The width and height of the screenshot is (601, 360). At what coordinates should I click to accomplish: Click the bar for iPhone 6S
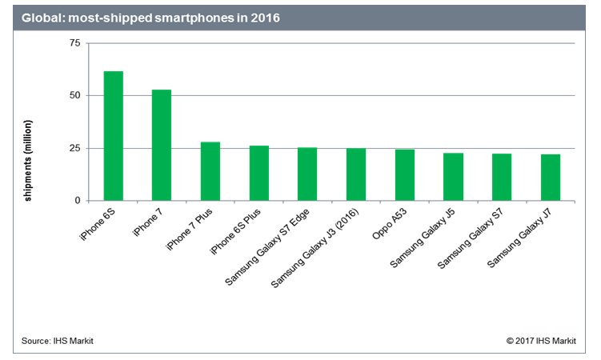(x=113, y=136)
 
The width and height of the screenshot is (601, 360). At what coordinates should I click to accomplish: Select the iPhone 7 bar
(x=162, y=145)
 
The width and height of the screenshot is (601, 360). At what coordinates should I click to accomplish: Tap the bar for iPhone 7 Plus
(x=210, y=171)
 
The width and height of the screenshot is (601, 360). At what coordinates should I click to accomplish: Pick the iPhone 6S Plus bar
(x=258, y=173)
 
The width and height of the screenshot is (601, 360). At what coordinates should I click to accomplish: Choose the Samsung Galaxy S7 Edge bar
(x=307, y=174)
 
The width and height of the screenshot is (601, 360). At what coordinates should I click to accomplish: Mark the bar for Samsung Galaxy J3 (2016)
(x=356, y=174)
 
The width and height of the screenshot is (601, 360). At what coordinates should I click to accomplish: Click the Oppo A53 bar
(x=404, y=174)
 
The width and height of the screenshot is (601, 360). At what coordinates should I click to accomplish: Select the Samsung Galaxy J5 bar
(x=453, y=177)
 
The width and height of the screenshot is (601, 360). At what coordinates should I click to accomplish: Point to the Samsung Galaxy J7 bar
(x=550, y=178)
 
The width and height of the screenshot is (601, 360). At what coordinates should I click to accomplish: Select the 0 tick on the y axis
(x=77, y=201)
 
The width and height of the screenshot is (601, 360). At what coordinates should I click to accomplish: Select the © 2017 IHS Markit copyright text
(x=544, y=341)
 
